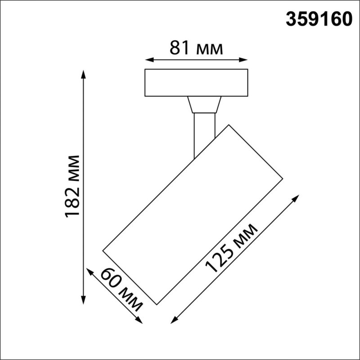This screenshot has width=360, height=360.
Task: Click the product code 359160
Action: (319, 19)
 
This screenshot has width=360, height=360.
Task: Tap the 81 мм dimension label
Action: (196, 48)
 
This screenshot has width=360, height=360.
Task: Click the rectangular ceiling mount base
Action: (196, 82)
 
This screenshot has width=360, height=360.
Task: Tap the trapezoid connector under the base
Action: (204, 104)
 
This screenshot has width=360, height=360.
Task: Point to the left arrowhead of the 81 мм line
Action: (148, 59)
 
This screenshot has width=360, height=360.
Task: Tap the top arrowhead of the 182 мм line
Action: (83, 73)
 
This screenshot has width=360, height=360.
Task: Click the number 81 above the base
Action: (179, 48)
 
